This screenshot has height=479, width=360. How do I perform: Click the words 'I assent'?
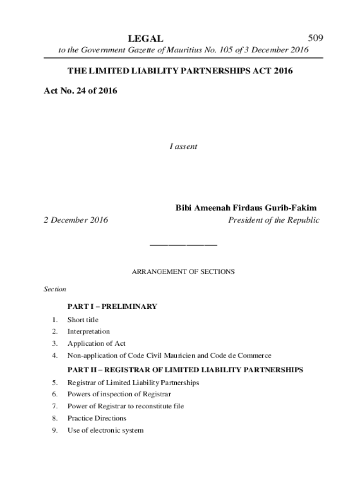pos(183,146)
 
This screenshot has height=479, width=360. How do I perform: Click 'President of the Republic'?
pos(274,220)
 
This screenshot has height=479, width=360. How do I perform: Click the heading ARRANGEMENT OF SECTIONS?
pos(183,271)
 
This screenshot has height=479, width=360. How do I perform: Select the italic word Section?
pos(55,290)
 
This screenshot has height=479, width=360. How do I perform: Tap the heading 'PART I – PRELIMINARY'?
pos(112,307)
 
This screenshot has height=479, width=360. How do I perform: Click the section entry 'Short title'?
pos(83,320)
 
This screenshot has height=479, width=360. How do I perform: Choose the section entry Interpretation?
pos(89,332)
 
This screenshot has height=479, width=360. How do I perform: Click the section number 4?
pos(55,356)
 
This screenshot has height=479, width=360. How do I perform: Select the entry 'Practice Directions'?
pos(97,418)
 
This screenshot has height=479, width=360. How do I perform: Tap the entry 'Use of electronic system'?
pos(105,430)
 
